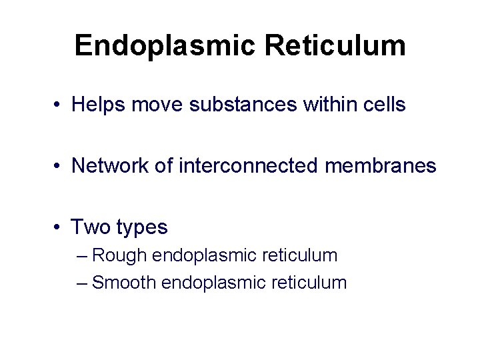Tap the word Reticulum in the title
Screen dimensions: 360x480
(x=335, y=46)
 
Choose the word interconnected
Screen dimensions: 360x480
(x=248, y=165)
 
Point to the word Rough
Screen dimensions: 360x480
(x=120, y=255)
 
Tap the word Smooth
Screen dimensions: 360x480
(x=125, y=283)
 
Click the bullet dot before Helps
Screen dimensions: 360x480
(x=60, y=105)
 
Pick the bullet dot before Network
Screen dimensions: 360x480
(x=60, y=166)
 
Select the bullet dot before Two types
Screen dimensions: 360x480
(x=60, y=228)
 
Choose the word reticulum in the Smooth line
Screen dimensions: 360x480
(x=309, y=283)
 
